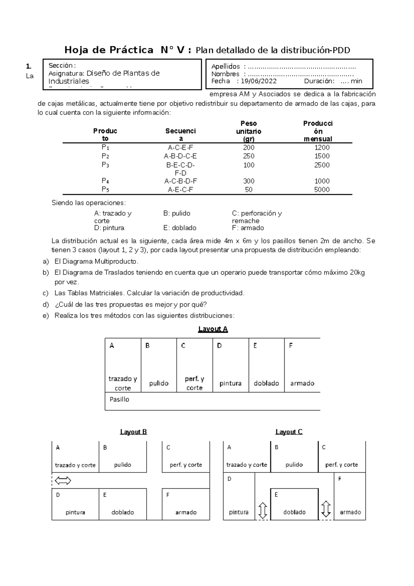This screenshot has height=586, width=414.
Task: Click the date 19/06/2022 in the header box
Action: pyautogui.click(x=258, y=81)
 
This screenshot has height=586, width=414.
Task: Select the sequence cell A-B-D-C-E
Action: pyautogui.click(x=180, y=156)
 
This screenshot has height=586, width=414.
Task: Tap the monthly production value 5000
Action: pyautogui.click(x=322, y=189)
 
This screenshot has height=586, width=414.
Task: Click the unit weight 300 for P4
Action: pyautogui.click(x=248, y=181)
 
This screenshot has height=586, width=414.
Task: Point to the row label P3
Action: pyautogui.click(x=105, y=165)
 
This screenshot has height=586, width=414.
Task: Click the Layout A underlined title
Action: pyautogui.click(x=213, y=329)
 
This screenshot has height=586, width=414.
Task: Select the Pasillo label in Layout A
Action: pyautogui.click(x=119, y=399)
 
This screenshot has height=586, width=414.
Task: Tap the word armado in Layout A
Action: pyautogui.click(x=302, y=383)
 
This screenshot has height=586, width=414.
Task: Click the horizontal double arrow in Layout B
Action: pyautogui.click(x=63, y=480)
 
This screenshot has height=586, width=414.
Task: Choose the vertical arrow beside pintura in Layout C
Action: pyautogui.click(x=263, y=510)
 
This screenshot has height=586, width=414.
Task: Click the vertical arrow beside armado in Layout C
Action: pyautogui.click(x=326, y=509)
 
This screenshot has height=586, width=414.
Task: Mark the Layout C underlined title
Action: pyautogui.click(x=289, y=432)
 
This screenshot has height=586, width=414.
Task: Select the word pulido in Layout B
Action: pyautogui.click(x=122, y=465)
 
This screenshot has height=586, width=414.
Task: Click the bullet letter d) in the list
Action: pyautogui.click(x=46, y=305)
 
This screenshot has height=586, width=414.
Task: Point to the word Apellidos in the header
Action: pyautogui.click(x=225, y=67)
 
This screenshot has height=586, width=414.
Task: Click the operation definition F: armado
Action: pyautogui.click(x=248, y=228)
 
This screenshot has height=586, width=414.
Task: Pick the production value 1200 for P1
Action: pyautogui.click(x=322, y=147)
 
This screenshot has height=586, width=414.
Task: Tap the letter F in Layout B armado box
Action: pyautogui.click(x=168, y=495)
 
